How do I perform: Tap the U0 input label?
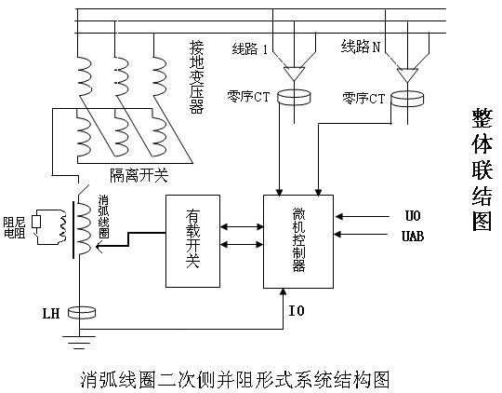click(x=413, y=215)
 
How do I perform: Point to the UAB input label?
click(x=413, y=237)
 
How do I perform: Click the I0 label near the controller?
click(x=297, y=310)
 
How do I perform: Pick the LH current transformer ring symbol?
click(x=82, y=312)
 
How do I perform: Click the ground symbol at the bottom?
click(x=79, y=343)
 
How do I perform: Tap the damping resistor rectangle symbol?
click(x=36, y=222)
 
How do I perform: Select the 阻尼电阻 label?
click(x=14, y=227)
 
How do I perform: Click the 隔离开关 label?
click(x=139, y=175)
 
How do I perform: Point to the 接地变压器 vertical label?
click(x=196, y=77)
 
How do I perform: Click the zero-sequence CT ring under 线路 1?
click(x=294, y=97)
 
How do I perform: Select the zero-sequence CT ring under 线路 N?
click(x=407, y=98)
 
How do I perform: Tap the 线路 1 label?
click(x=250, y=49)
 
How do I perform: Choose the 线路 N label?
click(x=361, y=47)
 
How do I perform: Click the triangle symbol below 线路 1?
click(x=294, y=74)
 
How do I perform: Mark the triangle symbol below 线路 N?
click(x=407, y=75)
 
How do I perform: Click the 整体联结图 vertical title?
click(x=482, y=169)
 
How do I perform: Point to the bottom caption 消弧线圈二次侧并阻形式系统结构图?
click(x=235, y=380)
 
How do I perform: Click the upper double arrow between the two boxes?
click(x=242, y=227)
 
